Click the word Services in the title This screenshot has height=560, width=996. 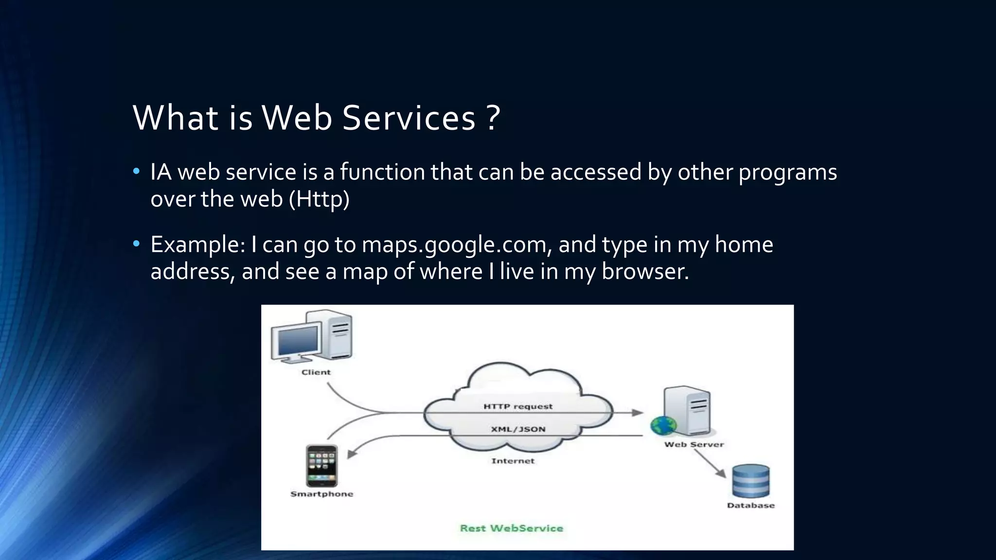(x=409, y=118)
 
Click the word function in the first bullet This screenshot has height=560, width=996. (x=382, y=172)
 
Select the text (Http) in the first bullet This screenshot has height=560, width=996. (x=319, y=199)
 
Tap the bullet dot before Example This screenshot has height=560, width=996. (x=136, y=243)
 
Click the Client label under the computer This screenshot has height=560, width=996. (x=316, y=372)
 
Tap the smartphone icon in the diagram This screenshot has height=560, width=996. (x=321, y=466)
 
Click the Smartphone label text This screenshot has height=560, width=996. (x=321, y=494)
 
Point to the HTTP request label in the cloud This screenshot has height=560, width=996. (x=518, y=406)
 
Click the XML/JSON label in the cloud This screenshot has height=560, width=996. (x=518, y=429)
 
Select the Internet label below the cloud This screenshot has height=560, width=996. (x=513, y=461)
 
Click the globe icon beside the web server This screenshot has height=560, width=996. (x=663, y=426)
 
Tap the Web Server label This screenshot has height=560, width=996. (x=694, y=444)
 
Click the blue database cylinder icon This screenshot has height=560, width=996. (x=750, y=481)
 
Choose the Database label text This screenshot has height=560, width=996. (x=750, y=506)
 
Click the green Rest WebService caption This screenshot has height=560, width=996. (x=512, y=528)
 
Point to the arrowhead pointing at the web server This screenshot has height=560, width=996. (x=637, y=413)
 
